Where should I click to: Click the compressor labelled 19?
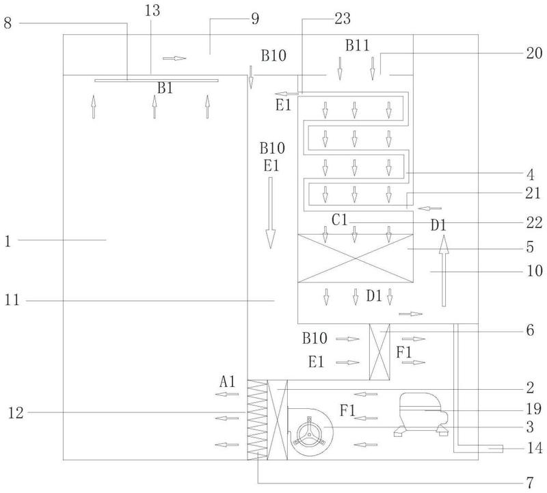coord(421,414)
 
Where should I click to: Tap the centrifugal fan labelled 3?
coord(310,431)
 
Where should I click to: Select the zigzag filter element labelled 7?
coord(258,420)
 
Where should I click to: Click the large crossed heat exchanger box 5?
coord(356,258)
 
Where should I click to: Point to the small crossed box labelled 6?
coord(379,351)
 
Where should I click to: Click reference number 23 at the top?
coord(343,18)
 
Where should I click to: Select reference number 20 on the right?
coord(534,53)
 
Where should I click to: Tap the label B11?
coord(357,45)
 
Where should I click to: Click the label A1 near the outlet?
coord(228,382)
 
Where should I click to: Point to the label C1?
coord(339,219)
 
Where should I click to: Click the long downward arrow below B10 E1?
coord(270,213)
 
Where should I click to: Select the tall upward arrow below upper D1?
coord(443,271)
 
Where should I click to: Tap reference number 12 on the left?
coord(16,413)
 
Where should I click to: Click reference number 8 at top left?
coord(8,23)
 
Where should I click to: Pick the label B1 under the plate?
coord(165,88)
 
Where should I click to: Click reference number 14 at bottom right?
coord(535,448)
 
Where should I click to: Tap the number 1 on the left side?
coord(8,241)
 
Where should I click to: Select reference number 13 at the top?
coord(152,10)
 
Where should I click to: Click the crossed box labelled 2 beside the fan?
coord(278,420)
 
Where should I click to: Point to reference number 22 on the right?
coord(534,223)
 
